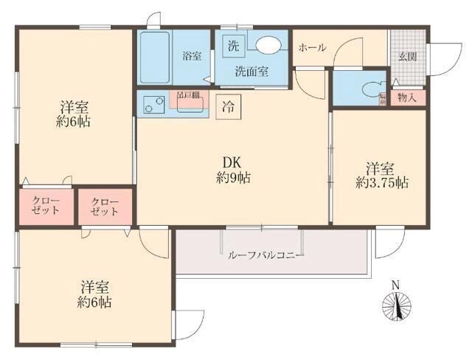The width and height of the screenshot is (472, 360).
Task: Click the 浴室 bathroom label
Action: tap(192, 56)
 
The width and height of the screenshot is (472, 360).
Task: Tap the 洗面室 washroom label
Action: tap(251, 72)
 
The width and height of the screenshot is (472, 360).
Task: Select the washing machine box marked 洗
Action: tap(233, 44)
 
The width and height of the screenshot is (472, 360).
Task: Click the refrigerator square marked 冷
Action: tap(229, 105)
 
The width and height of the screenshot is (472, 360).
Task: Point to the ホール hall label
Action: tap(311, 47)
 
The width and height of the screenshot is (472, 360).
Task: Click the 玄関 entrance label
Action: tap(408, 56)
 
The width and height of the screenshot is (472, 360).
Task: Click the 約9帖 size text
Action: tap(233, 178)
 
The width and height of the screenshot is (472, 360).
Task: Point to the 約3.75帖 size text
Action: tap(381, 182)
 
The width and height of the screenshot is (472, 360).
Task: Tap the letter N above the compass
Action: tap(395, 285)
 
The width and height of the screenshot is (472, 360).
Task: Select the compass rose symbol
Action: tap(395, 305)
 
